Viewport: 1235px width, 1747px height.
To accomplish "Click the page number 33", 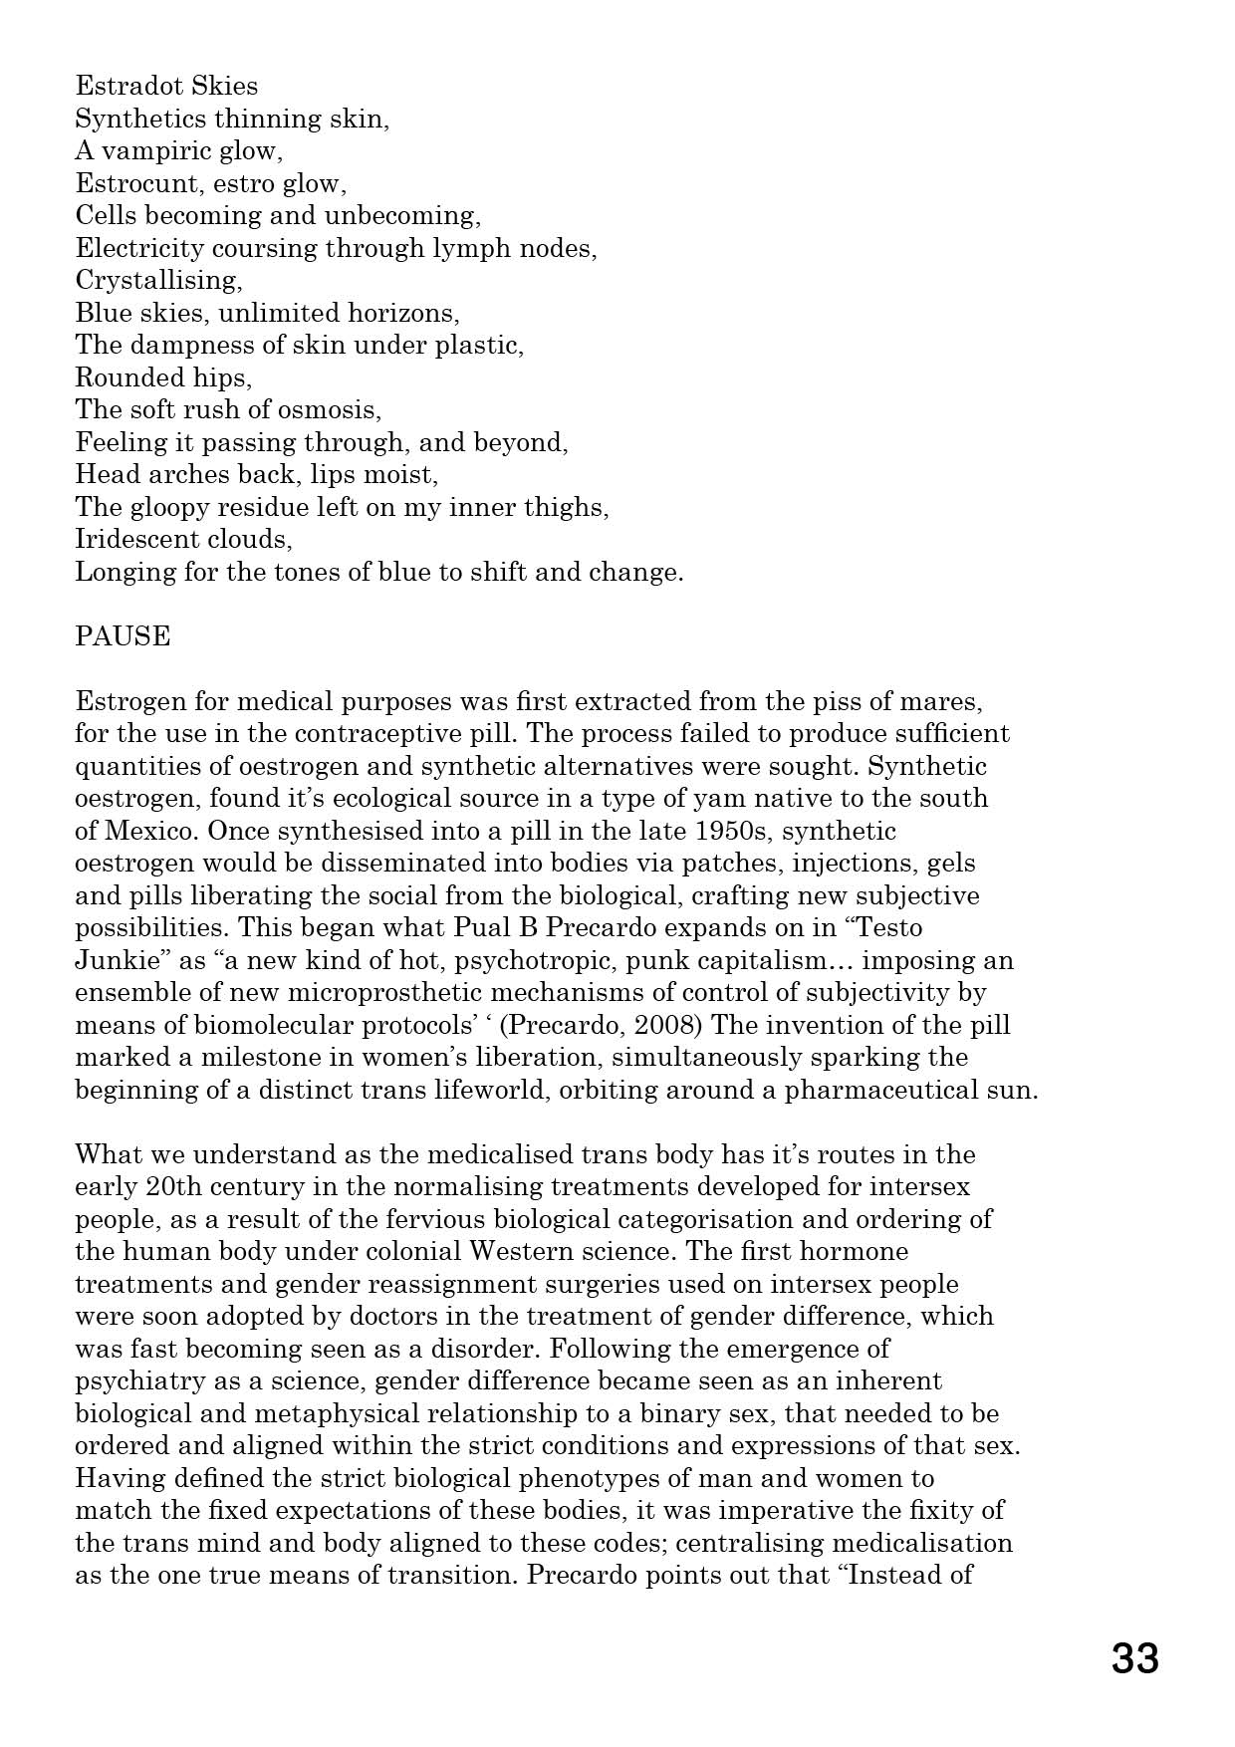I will (x=1134, y=1659).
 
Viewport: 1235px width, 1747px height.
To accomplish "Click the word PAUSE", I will (x=123, y=636).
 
